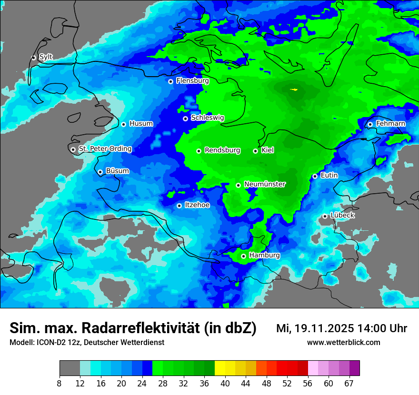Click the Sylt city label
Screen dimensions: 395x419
point(46,57)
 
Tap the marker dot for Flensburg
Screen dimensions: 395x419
point(170,81)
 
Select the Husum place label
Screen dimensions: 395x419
point(141,124)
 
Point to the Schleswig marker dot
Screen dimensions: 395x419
point(185,118)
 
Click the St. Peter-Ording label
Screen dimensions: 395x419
point(105,149)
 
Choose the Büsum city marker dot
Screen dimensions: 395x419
point(100,172)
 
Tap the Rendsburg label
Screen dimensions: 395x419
point(222,150)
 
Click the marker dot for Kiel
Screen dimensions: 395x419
point(255,151)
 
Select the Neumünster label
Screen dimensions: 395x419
point(265,184)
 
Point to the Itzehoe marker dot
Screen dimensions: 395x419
point(179,206)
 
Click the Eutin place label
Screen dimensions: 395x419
point(329,176)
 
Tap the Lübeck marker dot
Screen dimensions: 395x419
point(325,216)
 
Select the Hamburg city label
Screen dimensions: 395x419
point(264,256)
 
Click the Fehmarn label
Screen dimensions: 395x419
point(390,124)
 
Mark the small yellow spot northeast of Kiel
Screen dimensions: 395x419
point(295,89)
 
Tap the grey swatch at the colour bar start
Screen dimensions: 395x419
point(70,368)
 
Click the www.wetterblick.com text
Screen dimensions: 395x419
point(343,343)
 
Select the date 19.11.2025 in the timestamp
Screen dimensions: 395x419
point(324,328)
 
